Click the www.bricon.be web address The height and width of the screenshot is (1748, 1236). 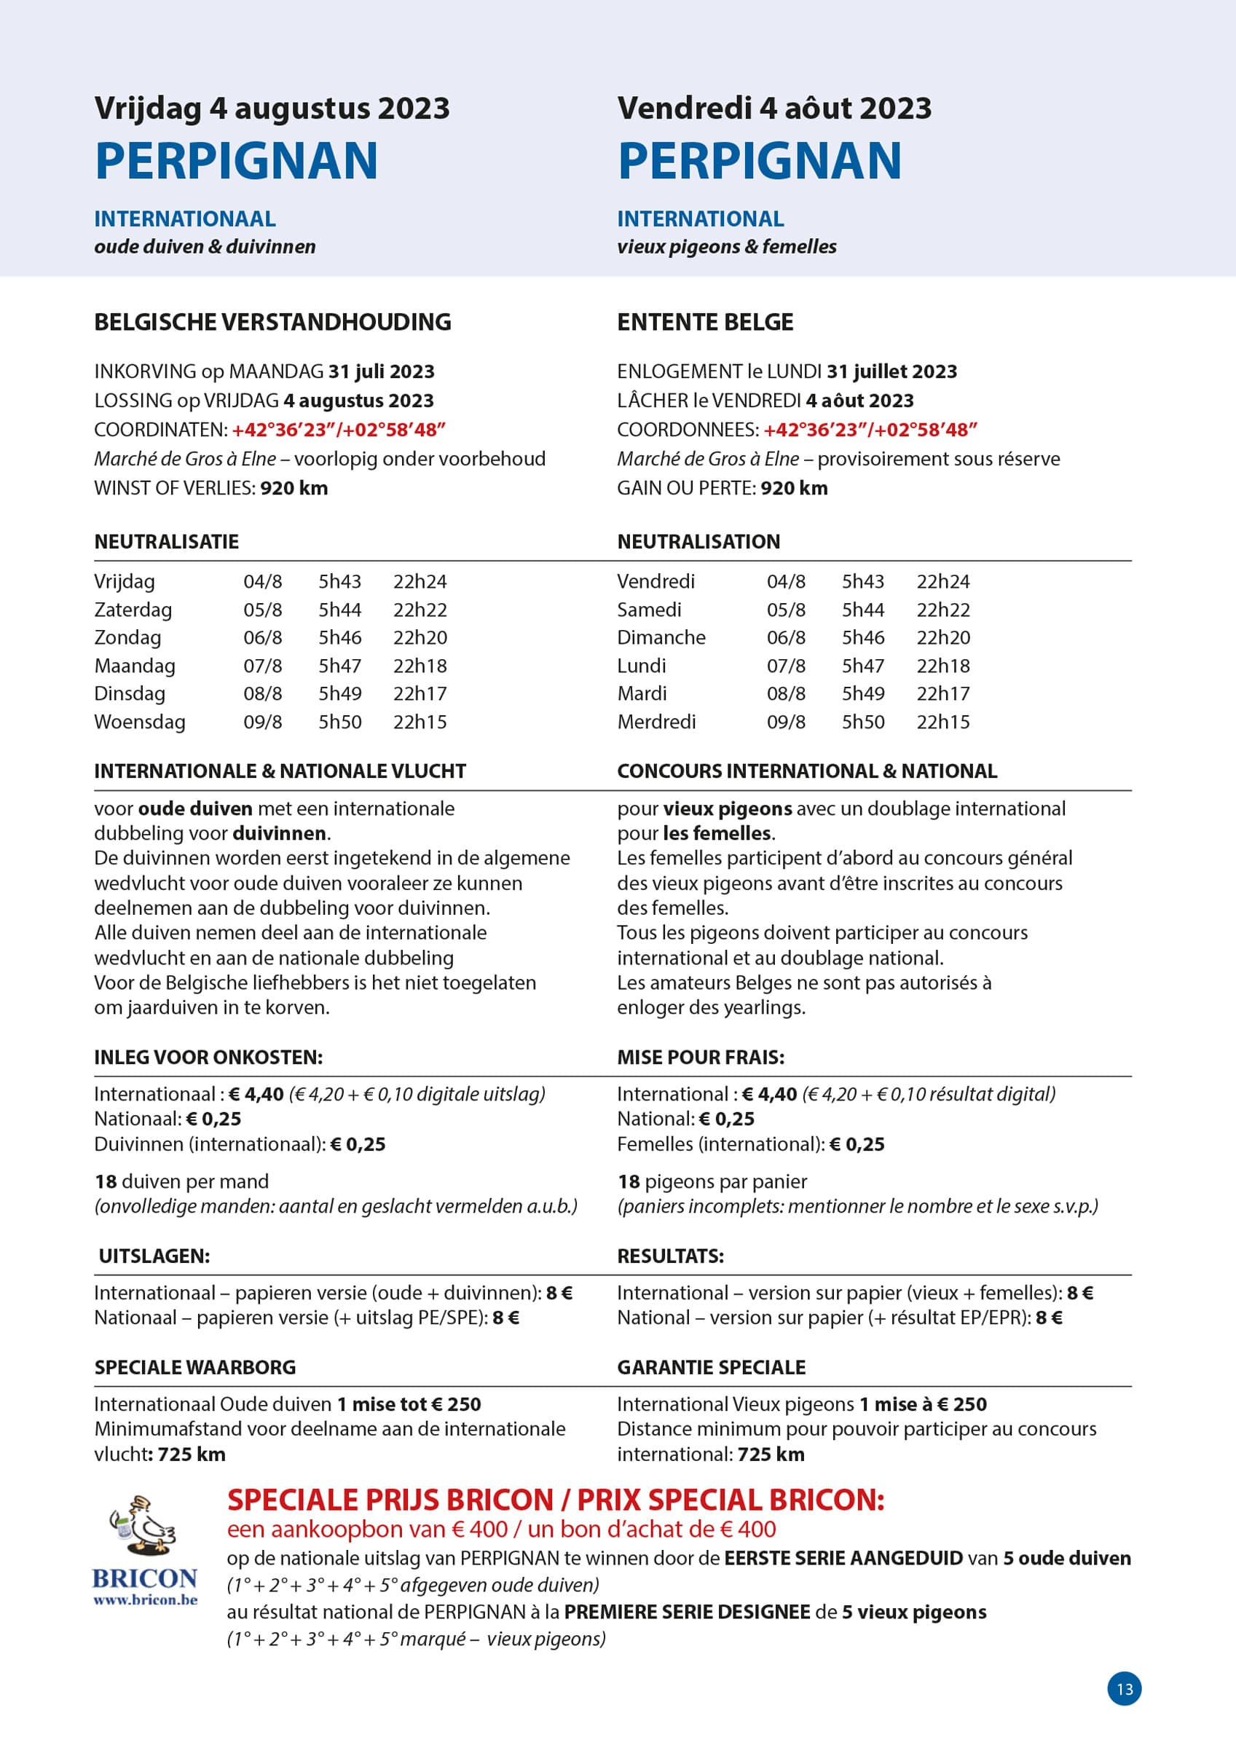145,1599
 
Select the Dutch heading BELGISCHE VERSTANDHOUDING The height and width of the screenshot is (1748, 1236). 272,322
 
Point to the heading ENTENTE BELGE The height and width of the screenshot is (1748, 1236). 705,322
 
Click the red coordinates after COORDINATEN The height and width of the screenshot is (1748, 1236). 338,430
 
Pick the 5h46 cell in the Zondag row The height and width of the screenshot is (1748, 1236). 339,637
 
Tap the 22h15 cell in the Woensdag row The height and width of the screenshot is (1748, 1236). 420,722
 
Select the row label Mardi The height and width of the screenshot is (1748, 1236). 642,693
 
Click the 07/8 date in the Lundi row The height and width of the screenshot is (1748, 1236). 786,666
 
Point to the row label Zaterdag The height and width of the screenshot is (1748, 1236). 133,610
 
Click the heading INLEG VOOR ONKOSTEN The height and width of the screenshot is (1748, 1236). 208,1057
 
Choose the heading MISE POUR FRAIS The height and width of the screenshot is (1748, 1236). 701,1057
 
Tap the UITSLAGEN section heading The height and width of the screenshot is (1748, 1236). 154,1256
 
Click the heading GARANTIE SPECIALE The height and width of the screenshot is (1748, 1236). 712,1366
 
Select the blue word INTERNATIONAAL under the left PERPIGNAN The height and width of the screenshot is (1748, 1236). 185,219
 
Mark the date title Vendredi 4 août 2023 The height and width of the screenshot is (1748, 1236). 774,108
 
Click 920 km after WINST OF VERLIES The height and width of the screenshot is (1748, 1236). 294,488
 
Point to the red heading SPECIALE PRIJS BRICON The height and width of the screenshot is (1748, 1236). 390,1500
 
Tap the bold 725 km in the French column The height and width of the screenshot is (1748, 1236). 771,1454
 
